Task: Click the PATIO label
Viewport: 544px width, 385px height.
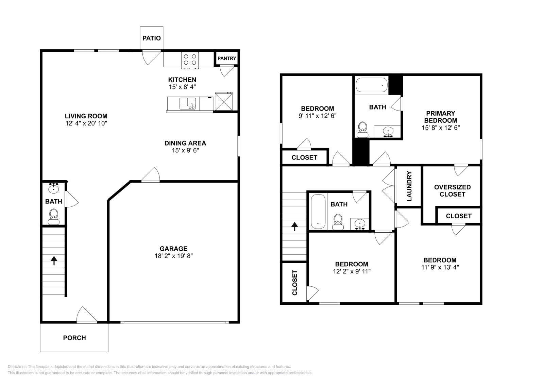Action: coord(152,38)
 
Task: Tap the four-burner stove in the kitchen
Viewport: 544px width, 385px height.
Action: coord(190,60)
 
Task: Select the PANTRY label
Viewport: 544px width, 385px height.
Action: coord(227,58)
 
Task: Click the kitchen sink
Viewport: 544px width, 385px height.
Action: coord(188,104)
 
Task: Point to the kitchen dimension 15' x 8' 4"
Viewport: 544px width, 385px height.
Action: coord(182,87)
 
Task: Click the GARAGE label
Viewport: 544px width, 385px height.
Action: coord(173,249)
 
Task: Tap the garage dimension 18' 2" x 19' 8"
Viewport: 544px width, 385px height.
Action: coord(173,256)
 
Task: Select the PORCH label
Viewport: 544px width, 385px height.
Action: coord(74,338)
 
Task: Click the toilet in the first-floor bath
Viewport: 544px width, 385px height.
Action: coord(54,217)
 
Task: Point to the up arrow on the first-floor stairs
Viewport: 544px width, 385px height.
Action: coord(54,261)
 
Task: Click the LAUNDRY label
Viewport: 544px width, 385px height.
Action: coord(409,186)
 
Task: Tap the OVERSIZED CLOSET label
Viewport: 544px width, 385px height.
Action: coord(453,191)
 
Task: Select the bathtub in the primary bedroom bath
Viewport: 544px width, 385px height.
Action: coord(372,85)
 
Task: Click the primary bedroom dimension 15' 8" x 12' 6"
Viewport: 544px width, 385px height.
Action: coord(441,128)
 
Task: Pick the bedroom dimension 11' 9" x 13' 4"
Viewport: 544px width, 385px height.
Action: coord(440,267)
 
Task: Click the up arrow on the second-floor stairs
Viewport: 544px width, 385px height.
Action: coord(294,227)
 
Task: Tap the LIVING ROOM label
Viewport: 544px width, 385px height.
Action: coord(86,116)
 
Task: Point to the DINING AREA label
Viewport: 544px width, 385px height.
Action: coord(185,143)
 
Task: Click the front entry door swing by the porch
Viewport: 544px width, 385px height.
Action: coord(87,315)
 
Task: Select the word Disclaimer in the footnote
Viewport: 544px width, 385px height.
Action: coord(17,367)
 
